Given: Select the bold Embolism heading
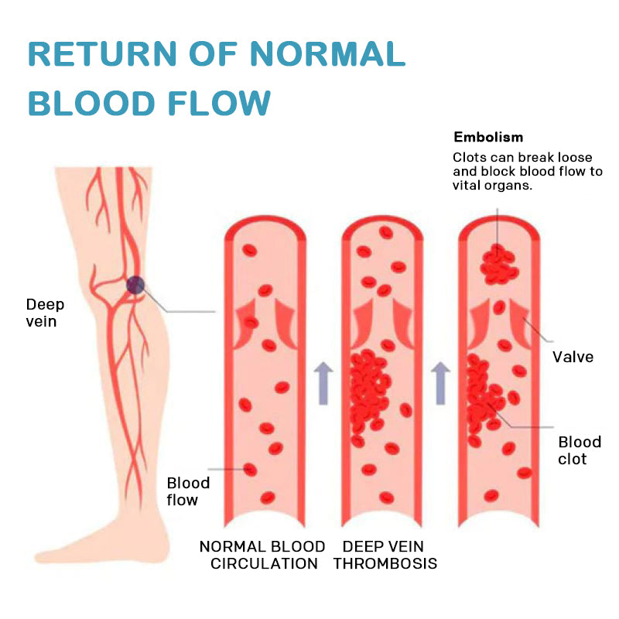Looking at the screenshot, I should click(488, 137).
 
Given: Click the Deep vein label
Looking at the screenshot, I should click(45, 312).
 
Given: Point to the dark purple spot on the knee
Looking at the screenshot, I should click(135, 285).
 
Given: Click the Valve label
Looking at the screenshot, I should click(573, 357).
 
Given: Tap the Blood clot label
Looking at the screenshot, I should click(580, 450).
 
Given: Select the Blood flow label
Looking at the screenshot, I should click(188, 491).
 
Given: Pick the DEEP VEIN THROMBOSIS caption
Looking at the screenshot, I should click(385, 555).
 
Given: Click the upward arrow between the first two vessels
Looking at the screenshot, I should click(323, 384).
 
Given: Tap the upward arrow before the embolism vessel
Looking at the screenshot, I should click(441, 384).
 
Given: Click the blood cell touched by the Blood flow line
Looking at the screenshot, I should click(249, 469).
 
